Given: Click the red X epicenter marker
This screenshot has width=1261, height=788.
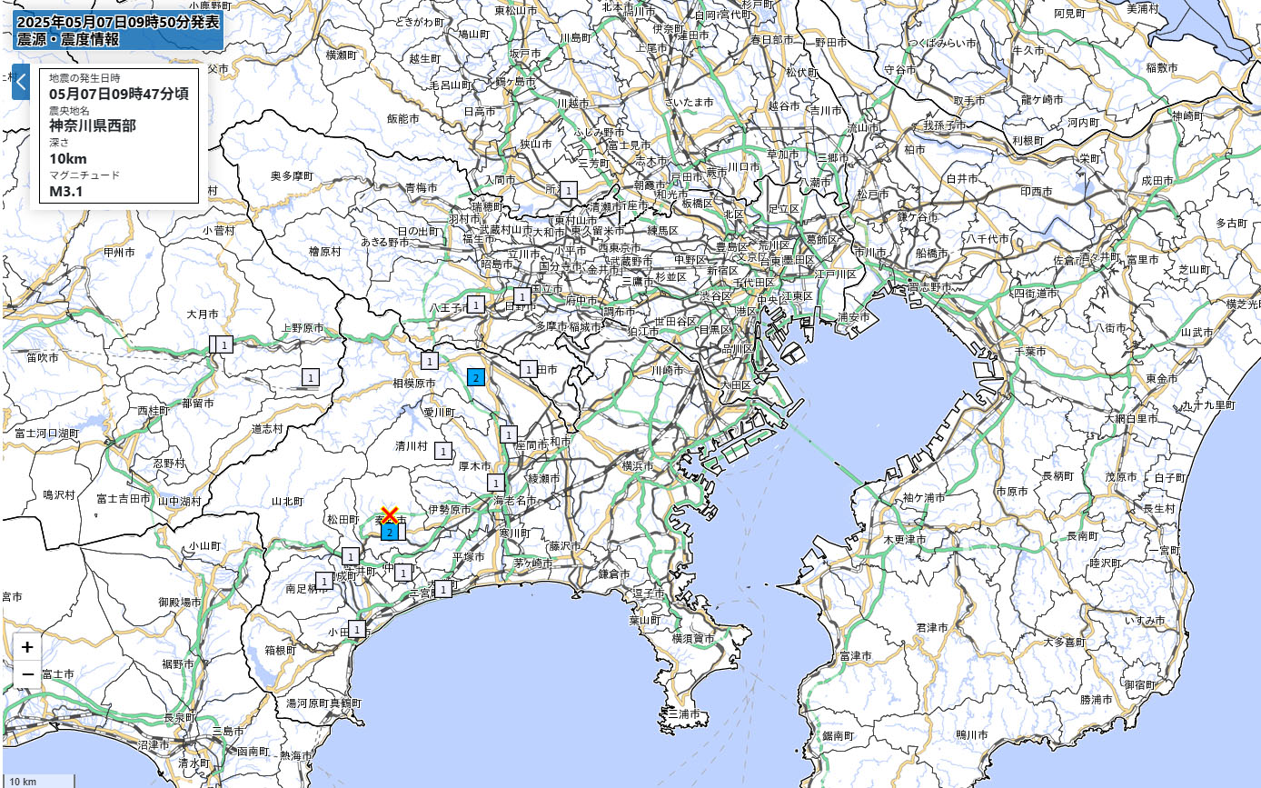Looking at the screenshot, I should coord(390,516).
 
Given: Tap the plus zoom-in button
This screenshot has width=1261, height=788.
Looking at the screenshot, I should coord(28,647).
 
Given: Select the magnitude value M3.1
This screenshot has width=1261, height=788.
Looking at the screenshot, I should coord(65,191).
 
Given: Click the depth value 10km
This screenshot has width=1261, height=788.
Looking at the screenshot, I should coord(68,159).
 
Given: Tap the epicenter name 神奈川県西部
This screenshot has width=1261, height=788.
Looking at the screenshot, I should coord(93,125).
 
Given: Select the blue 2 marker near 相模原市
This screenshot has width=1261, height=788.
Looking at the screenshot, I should coord(475,377).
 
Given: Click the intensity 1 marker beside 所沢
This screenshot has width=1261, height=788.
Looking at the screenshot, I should coord(569,190).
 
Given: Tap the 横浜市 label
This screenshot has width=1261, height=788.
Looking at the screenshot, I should coord(637,465).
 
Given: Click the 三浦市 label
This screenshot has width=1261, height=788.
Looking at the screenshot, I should coord(684,715).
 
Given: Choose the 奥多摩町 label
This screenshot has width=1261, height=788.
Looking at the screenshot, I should coord(292,175).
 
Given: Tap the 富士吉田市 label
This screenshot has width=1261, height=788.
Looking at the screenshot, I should coord(123,498).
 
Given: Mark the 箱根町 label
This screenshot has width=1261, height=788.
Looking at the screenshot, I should coord(281,650).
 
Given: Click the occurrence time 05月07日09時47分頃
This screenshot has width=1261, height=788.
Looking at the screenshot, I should coord(119,93).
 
